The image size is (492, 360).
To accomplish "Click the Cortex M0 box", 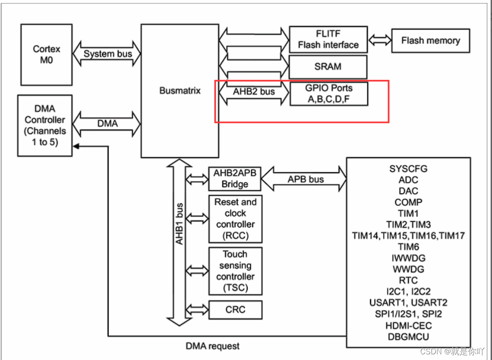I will tap(46, 54).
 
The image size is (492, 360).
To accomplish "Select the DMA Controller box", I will tap(45, 125).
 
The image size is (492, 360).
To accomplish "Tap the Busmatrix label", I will tap(180, 91).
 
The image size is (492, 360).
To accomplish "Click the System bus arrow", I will tap(108, 54).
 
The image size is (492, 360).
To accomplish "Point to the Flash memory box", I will tap(430, 41).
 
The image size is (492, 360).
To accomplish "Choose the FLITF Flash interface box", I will tap(328, 40).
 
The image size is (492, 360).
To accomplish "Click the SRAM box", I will tap(328, 67).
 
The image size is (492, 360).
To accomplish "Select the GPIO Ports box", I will tap(328, 94).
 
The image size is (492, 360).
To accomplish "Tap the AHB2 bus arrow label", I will tap(254, 92).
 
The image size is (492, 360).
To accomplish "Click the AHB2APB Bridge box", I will tap(235, 179).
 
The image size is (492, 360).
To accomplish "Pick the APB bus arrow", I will tap(305, 180).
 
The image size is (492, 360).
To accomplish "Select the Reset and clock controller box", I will tap(235, 219).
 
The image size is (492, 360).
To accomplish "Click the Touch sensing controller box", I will tap(235, 271).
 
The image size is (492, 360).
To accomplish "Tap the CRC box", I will tap(235, 309).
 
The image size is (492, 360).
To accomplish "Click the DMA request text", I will tap(213, 346).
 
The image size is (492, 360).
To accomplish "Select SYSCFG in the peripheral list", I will tap(408, 169).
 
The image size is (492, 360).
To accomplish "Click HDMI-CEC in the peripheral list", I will tap(408, 326).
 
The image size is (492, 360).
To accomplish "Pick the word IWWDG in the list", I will tap(408, 258).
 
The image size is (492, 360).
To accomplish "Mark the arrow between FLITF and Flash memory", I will tap(380, 41).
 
